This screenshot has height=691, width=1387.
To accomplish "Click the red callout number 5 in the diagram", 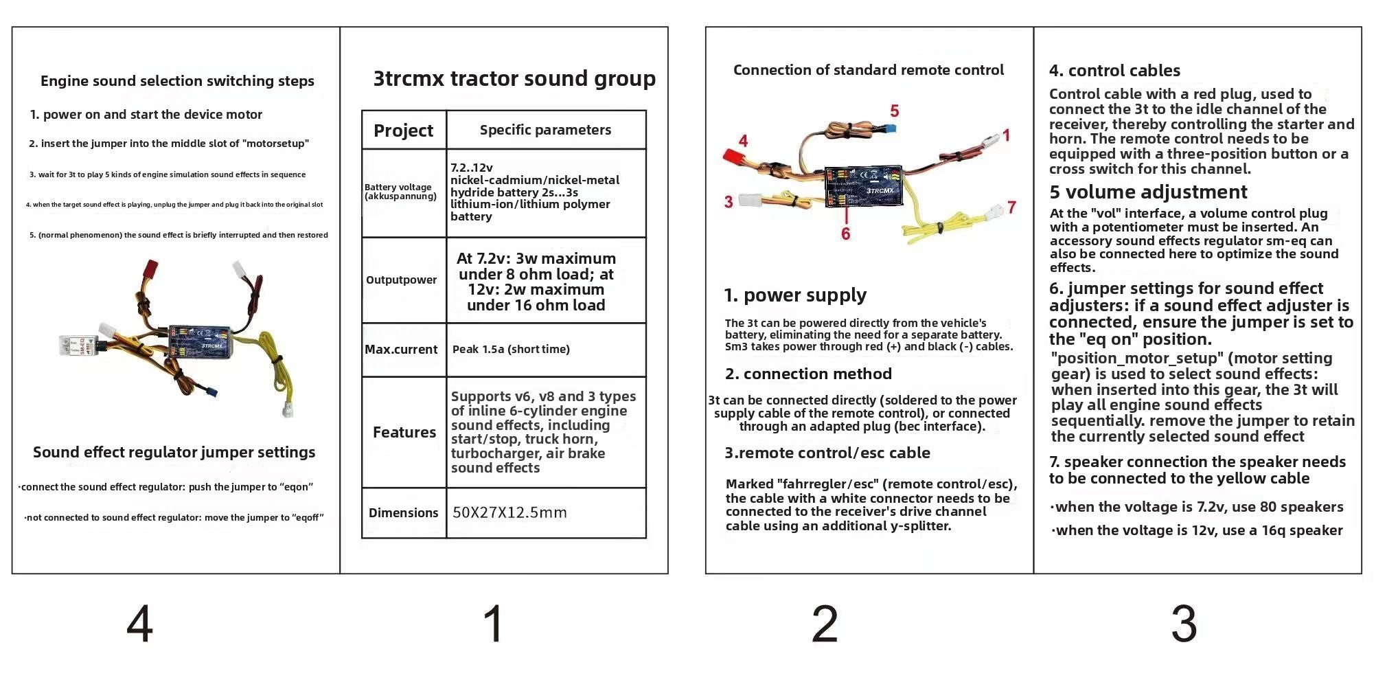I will pyautogui.click(x=894, y=111).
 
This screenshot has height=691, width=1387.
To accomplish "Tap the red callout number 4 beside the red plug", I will pyautogui.click(x=743, y=141).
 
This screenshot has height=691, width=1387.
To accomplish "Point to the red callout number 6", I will pyautogui.click(x=845, y=234).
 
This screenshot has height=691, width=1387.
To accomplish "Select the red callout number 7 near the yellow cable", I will pyautogui.click(x=1011, y=207).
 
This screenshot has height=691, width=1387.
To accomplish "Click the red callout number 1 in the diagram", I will pyautogui.click(x=1006, y=135).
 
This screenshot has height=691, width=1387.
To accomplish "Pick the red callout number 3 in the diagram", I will pyautogui.click(x=729, y=201).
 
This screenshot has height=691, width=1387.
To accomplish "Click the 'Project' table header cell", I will pyautogui.click(x=403, y=131).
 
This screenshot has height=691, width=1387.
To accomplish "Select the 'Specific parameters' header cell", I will pyautogui.click(x=545, y=130).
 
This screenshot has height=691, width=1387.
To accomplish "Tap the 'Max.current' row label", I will pyautogui.click(x=401, y=349).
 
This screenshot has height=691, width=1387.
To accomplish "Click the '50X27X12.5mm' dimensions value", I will pyautogui.click(x=509, y=512).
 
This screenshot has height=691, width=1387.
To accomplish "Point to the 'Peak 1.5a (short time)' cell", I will pyautogui.click(x=511, y=349).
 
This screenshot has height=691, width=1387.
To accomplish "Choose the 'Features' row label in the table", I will pyautogui.click(x=404, y=432).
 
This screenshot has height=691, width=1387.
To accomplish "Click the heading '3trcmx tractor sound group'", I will pyautogui.click(x=514, y=78).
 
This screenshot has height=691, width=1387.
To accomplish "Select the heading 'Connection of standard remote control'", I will pyautogui.click(x=868, y=70).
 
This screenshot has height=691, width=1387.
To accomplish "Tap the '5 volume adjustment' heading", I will pyautogui.click(x=1148, y=192).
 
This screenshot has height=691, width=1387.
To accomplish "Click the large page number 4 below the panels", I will pyautogui.click(x=139, y=624).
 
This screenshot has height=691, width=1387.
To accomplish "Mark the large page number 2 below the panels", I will pyautogui.click(x=824, y=624).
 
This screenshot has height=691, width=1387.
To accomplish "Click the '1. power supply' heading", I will pyautogui.click(x=795, y=295).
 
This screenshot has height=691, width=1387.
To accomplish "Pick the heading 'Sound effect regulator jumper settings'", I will pyautogui.click(x=174, y=452).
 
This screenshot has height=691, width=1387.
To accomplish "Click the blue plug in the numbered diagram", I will pyautogui.click(x=891, y=128).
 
